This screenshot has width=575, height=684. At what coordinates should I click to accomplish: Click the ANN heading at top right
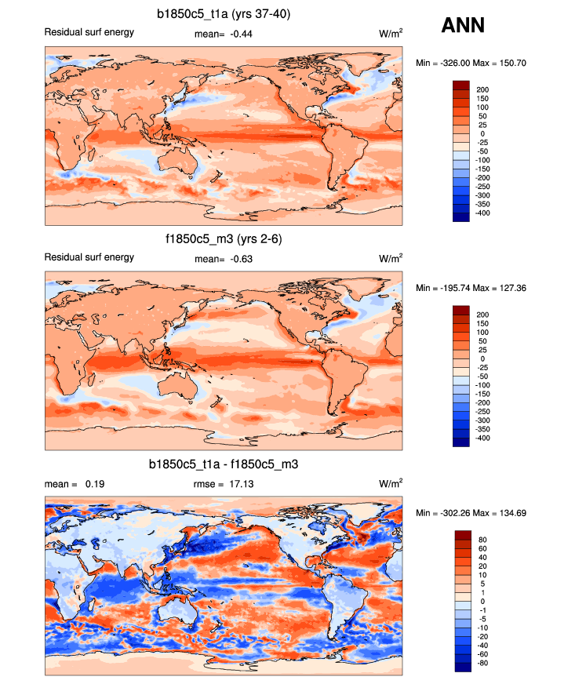point(463,26)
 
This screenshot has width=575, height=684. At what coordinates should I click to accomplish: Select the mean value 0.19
point(75,483)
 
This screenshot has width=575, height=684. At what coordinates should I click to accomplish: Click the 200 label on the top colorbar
point(482,89)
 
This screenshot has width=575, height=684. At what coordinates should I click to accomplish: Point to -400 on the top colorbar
point(482,213)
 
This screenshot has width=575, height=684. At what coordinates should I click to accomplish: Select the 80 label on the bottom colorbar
point(481,539)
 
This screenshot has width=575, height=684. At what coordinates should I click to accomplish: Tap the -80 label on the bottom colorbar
point(481,663)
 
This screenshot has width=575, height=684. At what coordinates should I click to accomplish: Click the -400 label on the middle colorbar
point(482,438)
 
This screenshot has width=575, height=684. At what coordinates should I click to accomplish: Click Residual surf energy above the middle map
point(89,257)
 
